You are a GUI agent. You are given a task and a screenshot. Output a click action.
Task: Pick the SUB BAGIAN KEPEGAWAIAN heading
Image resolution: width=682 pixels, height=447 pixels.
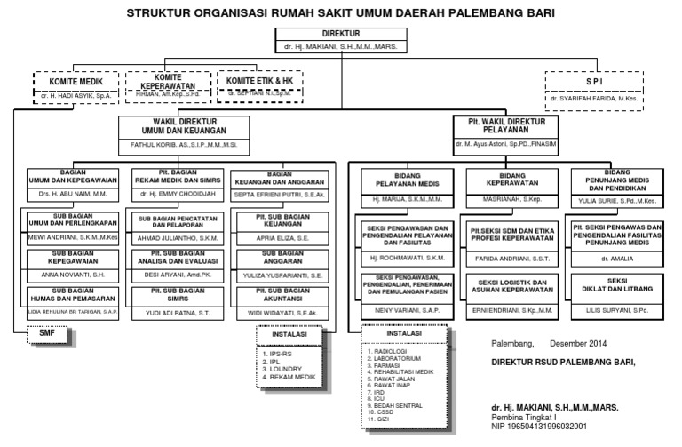coord(74,258)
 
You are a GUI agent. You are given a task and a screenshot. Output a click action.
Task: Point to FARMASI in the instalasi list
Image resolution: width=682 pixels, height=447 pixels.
coord(387,364)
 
